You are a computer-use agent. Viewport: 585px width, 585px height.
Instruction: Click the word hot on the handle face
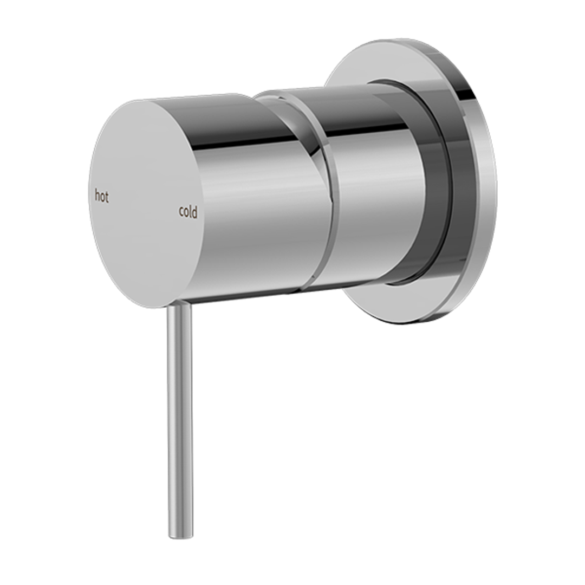click(x=101, y=196)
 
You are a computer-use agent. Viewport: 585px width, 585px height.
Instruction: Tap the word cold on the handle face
click(x=188, y=212)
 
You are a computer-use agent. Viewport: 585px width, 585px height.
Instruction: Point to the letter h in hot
click(x=97, y=196)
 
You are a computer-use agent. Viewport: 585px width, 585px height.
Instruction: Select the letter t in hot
click(x=107, y=197)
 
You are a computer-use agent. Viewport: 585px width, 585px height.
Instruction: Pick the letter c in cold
click(x=181, y=213)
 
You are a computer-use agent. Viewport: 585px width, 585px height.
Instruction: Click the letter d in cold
click(x=195, y=212)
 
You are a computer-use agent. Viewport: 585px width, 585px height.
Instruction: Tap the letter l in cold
click(x=191, y=212)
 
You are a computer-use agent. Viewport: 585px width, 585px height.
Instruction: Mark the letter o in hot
click(x=102, y=197)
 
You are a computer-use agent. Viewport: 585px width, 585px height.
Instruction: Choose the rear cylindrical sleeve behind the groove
click(x=374, y=190)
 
